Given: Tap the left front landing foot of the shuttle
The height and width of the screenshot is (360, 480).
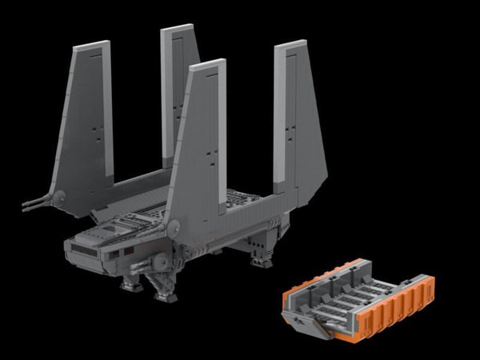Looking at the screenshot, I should point(131,284).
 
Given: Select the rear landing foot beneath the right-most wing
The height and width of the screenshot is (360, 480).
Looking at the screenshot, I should point(261,261).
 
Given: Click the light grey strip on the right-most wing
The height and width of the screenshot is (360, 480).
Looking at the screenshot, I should point(287,112).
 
